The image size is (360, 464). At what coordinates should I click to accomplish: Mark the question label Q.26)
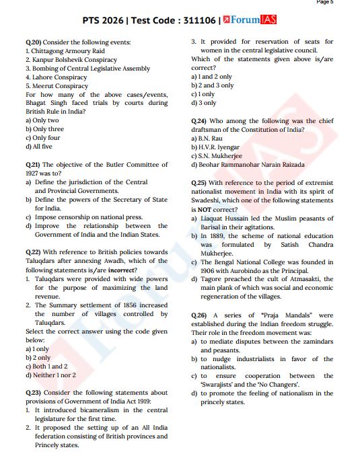pyautogui.click(x=199, y=315)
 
